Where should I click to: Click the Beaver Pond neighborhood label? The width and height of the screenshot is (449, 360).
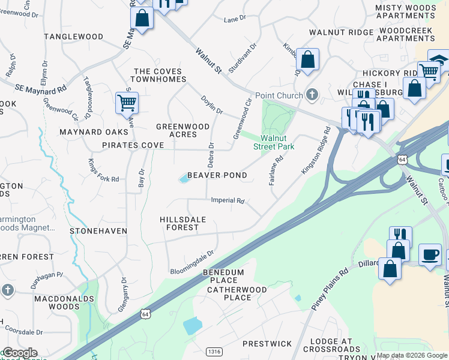217,175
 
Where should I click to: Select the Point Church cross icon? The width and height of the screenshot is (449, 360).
312,94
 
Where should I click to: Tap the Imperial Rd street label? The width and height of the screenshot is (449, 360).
228,200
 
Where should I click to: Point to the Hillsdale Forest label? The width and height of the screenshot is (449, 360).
183,224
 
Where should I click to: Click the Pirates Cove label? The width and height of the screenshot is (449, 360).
133,146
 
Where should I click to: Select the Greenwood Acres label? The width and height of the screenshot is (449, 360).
176,130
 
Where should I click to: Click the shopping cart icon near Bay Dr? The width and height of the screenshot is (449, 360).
127,103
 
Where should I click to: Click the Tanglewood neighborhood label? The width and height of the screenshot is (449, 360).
74,37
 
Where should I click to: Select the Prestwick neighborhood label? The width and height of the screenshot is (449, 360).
267,344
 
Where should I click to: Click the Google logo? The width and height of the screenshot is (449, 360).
20,353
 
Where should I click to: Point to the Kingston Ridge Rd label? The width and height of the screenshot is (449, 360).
316,151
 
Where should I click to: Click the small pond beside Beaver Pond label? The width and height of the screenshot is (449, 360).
183,178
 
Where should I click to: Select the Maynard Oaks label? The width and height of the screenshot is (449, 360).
90,131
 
